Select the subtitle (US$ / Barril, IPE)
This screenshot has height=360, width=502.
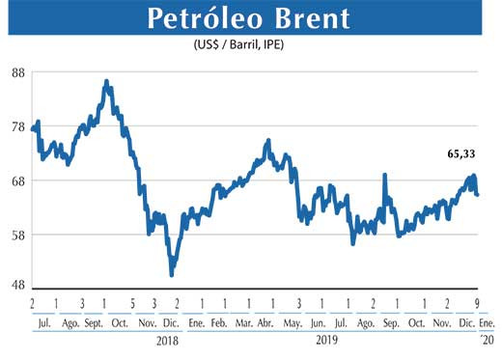coord(244,45)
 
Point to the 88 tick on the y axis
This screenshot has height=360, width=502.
coord(17,72)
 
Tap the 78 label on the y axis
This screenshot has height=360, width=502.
coord(17,126)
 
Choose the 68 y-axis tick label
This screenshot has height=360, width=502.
coord(17,180)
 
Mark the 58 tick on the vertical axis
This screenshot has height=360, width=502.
coord(17,235)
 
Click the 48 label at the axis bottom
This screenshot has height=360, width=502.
coord(17,286)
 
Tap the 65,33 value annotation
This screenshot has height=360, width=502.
coord(464,153)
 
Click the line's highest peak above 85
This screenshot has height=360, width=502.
coord(106,81)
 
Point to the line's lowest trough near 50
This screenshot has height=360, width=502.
coord(172,275)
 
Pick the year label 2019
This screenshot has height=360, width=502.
coord(327,340)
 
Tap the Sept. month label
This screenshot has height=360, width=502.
coord(95,321)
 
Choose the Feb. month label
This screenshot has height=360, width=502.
coord(219,321)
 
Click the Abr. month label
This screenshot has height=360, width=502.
coord(265,321)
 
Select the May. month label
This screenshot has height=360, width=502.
coord(292,321)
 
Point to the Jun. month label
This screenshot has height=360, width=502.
coord(318,321)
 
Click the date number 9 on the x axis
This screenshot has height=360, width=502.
coord(479,303)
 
